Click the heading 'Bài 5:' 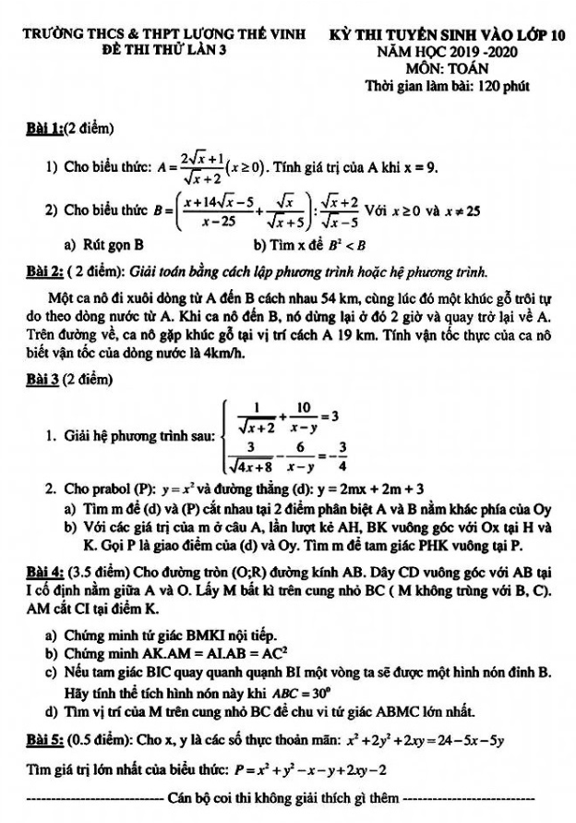pos(47,742)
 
